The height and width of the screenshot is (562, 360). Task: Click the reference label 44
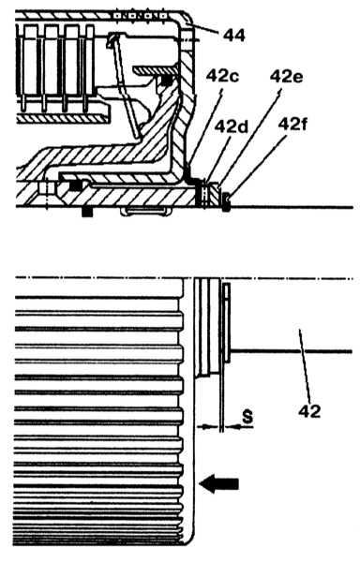click(234, 36)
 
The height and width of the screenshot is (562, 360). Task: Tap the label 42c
click(222, 77)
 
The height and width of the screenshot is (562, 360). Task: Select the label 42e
click(286, 76)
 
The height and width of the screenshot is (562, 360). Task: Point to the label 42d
click(232, 126)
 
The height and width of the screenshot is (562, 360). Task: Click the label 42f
click(292, 125)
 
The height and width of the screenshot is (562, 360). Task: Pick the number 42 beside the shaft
click(309, 411)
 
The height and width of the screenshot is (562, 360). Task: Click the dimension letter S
click(247, 417)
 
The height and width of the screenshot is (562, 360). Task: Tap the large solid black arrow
click(218, 484)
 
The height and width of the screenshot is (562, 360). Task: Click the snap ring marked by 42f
click(226, 201)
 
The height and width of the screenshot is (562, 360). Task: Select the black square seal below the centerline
click(87, 213)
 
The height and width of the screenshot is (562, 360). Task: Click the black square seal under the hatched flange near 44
click(166, 81)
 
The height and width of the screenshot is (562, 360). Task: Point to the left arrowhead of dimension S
click(205, 426)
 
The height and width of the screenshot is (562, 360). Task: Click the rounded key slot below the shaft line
click(145, 212)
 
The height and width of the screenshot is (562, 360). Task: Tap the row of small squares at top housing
click(140, 16)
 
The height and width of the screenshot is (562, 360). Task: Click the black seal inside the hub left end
click(75, 185)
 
